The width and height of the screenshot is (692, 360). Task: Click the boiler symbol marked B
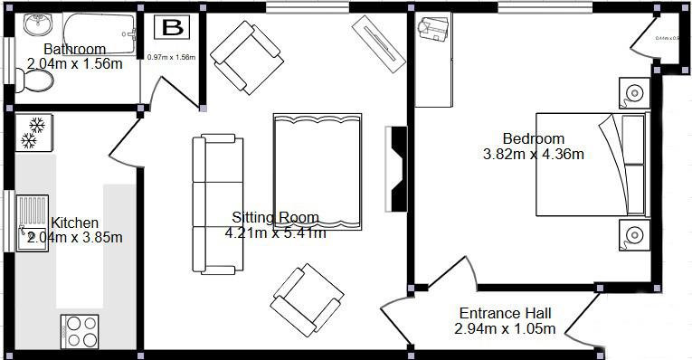click(171, 28)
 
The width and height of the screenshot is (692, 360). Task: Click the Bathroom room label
click(74, 50)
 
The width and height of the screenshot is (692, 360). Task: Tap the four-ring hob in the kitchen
click(81, 331)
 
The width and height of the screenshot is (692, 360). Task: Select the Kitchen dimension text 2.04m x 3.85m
click(74, 238)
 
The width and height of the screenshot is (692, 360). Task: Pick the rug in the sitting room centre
click(317, 170)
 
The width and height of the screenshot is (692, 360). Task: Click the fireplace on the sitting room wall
click(397, 169)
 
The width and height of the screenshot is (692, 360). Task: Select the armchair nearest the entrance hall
click(308, 299)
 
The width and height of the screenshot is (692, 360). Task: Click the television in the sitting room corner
click(379, 42)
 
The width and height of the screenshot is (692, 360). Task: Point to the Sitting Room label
click(275, 217)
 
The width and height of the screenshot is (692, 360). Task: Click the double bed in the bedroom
click(592, 164)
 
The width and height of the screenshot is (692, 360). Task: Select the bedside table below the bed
click(634, 234)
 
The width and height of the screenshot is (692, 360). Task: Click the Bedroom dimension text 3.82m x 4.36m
click(534, 154)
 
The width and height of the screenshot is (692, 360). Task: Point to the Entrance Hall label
click(505, 313)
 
